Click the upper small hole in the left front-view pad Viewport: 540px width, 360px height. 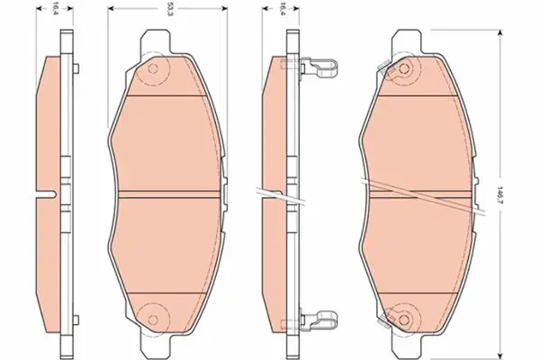[153, 68]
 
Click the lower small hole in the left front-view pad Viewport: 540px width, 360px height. [153, 320]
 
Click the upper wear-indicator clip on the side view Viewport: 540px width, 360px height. [319, 67]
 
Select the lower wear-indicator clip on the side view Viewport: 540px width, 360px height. [319, 319]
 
